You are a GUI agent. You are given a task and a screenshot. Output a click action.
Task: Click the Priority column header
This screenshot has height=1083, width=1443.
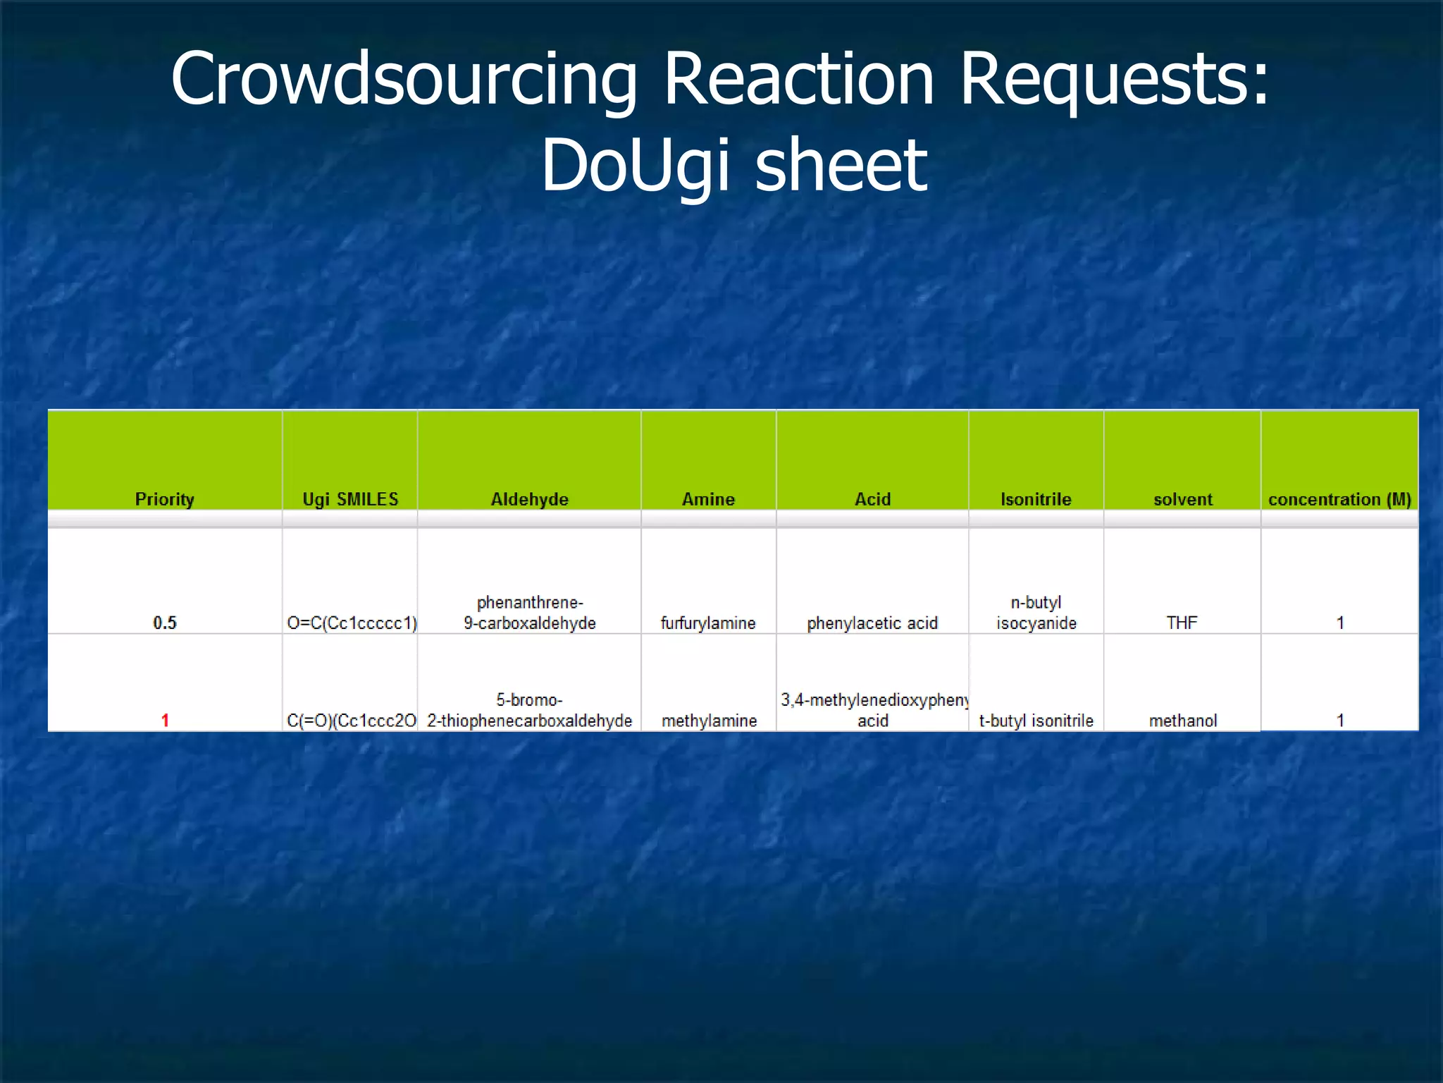(164, 499)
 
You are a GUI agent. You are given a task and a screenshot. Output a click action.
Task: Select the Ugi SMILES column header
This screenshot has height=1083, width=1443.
(350, 499)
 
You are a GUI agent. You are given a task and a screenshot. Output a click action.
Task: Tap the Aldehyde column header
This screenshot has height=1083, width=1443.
(529, 499)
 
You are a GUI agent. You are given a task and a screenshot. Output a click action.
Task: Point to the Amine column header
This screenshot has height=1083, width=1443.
(708, 499)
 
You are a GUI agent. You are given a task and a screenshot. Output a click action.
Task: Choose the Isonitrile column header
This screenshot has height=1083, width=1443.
(1036, 499)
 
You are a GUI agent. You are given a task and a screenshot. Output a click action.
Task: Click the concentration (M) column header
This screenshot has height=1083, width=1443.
(1339, 499)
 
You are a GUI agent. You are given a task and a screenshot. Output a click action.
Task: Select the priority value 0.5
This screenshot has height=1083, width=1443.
(165, 623)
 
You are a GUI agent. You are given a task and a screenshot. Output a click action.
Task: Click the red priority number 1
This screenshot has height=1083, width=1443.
(165, 720)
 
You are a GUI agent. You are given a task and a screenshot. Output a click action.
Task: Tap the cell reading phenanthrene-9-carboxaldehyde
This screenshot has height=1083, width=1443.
(529, 613)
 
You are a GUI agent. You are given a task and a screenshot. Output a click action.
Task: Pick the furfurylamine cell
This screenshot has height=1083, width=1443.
(708, 623)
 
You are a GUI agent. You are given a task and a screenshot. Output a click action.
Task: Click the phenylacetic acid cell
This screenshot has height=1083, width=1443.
(872, 623)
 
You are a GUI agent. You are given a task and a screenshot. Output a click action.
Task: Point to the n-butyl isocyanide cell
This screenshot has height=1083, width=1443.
(1036, 613)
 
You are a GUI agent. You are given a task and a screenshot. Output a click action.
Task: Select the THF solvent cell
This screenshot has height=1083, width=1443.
(1182, 623)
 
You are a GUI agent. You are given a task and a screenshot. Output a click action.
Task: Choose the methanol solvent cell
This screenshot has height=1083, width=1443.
(1183, 720)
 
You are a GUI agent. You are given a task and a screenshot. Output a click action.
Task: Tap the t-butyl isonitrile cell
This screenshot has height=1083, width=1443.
(1036, 720)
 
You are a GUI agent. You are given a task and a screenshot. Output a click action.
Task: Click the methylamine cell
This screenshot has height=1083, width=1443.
(709, 720)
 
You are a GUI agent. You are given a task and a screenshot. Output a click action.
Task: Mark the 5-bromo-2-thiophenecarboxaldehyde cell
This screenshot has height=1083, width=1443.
(529, 710)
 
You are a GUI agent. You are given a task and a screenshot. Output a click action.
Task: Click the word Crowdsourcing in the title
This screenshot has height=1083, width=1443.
(404, 79)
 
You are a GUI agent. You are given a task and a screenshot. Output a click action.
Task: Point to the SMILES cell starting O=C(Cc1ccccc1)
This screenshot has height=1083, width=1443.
(352, 623)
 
